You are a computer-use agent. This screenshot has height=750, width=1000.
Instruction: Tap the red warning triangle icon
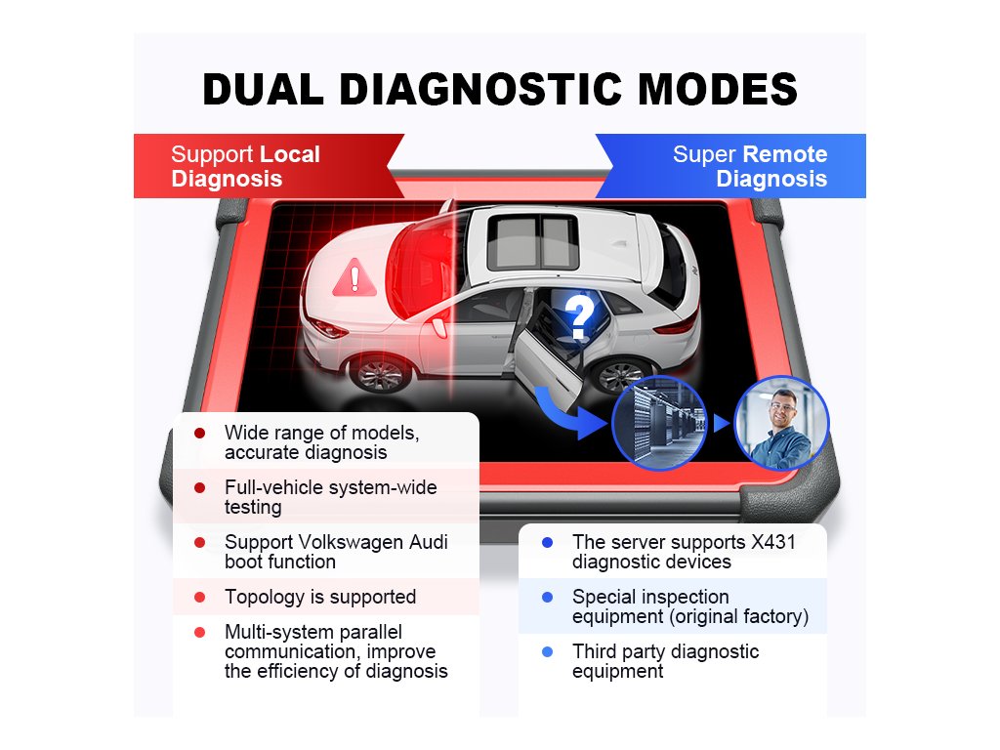(x=354, y=278)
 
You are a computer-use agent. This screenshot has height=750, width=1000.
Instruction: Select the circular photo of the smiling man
(x=781, y=424)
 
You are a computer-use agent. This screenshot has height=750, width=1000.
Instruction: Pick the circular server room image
(x=658, y=423)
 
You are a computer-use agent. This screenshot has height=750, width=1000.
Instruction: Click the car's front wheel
(x=380, y=373)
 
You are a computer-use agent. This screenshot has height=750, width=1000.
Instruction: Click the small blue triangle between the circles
(x=721, y=424)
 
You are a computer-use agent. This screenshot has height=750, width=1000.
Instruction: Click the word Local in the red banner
(x=289, y=154)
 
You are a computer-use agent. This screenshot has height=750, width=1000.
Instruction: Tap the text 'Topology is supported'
(x=320, y=597)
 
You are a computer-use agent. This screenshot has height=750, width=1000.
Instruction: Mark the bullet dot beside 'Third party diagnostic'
(x=547, y=651)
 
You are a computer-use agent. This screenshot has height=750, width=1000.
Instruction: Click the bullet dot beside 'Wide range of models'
(x=200, y=433)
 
